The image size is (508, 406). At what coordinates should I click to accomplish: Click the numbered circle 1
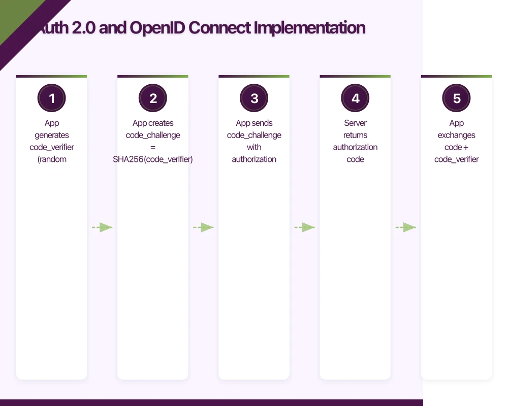click(51, 98)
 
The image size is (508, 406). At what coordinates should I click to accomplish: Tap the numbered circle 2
click(153, 98)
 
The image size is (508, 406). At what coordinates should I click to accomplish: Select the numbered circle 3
click(254, 98)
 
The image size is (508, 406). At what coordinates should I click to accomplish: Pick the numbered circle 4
click(355, 98)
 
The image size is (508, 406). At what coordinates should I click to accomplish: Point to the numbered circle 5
click(456, 98)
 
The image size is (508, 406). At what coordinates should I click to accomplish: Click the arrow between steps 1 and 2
click(102, 227)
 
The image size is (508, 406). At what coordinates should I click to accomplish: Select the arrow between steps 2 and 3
click(203, 227)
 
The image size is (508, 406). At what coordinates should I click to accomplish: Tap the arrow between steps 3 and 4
click(304, 227)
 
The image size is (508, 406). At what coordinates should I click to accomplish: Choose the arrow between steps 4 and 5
click(406, 227)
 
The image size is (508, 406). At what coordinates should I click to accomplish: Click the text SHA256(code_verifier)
click(153, 159)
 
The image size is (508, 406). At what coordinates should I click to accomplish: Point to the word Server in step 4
click(355, 123)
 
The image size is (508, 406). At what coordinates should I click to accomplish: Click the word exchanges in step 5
click(456, 136)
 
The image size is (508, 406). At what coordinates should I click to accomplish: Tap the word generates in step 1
click(52, 136)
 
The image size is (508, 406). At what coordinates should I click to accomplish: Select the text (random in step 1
click(52, 159)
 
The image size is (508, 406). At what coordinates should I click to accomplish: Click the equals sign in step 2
click(153, 147)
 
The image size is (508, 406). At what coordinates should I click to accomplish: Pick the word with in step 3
click(254, 147)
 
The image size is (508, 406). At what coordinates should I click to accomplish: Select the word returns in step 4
click(355, 136)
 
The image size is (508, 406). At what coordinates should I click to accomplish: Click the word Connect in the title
click(219, 28)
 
